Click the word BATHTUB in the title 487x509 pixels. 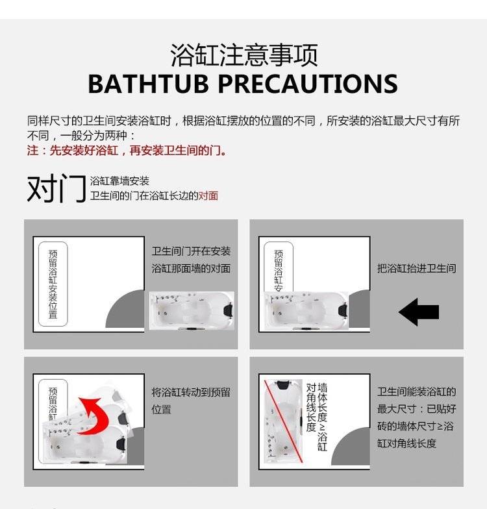pyautogui.click(x=148, y=84)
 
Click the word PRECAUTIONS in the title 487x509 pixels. pyautogui.click(x=308, y=84)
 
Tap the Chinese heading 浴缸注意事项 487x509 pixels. pyautogui.click(x=244, y=55)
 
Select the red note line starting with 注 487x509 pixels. pyautogui.click(x=127, y=151)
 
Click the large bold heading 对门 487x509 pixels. pyautogui.click(x=56, y=188)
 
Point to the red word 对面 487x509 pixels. pyautogui.click(x=208, y=196)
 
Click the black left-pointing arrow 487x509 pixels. pyautogui.click(x=419, y=312)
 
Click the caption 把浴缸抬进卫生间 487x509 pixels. pyautogui.click(x=417, y=269)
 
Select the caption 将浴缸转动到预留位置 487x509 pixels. pyautogui.click(x=191, y=401)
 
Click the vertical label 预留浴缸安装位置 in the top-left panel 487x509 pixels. pyautogui.click(x=53, y=284)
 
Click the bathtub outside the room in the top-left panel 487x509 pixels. pyautogui.click(x=192, y=310)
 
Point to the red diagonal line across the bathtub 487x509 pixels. pyautogui.click(x=283, y=421)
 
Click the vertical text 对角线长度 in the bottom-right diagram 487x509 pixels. pyautogui.click(x=311, y=408)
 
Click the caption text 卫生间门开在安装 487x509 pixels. pyautogui.click(x=191, y=251)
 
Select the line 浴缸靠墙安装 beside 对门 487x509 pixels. pyautogui.click(x=119, y=180)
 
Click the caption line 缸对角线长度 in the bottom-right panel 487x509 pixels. pyautogui.click(x=406, y=443)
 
